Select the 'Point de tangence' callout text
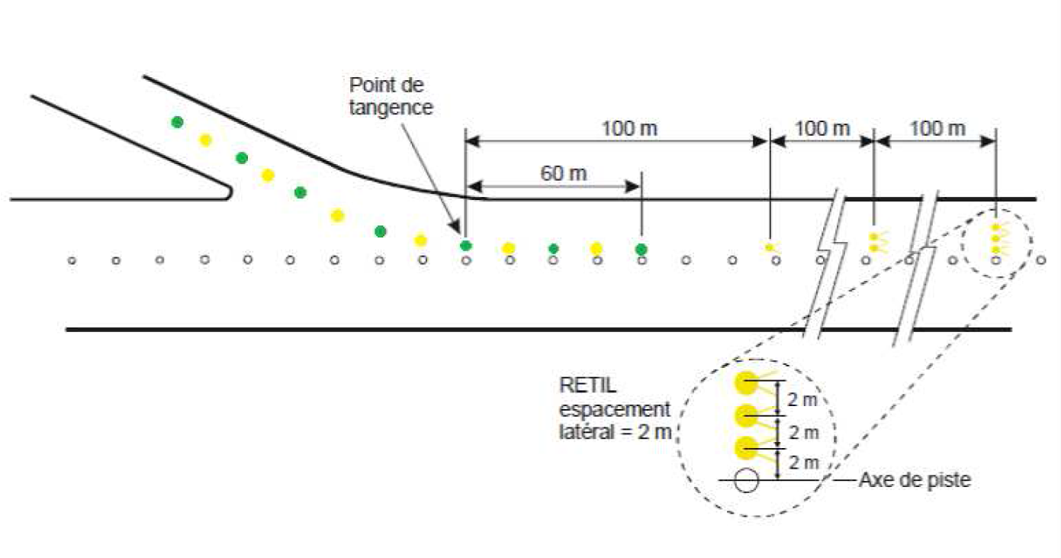click(x=391, y=95)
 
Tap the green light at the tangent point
click(x=465, y=246)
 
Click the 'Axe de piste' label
click(x=915, y=481)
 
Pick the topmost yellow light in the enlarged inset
click(x=745, y=382)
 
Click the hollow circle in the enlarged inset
click(x=747, y=481)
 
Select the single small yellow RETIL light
click(x=769, y=247)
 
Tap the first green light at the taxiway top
click(x=177, y=121)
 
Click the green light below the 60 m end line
click(x=641, y=249)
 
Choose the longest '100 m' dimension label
click(x=629, y=128)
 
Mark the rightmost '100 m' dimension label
click(x=937, y=128)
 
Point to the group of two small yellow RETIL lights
click(x=873, y=243)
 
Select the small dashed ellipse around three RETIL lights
click(x=996, y=243)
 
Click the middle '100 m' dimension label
click(x=821, y=128)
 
